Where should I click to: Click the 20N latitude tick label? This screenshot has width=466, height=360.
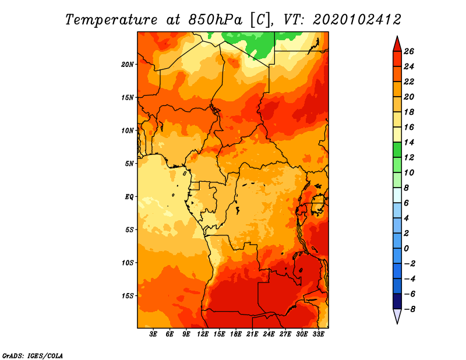(x=127, y=65)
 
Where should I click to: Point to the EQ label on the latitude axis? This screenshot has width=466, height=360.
(x=129, y=197)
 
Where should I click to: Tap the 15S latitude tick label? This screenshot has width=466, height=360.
(x=128, y=296)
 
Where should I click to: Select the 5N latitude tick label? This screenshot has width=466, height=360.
(x=129, y=164)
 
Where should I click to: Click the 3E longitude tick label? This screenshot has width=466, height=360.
(x=153, y=334)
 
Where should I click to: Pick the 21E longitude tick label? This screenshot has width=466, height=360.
(x=252, y=334)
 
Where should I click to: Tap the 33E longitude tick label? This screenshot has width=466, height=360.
(x=318, y=334)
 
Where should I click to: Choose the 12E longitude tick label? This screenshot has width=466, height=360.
(x=203, y=334)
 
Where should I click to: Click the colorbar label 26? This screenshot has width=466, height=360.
(x=409, y=51)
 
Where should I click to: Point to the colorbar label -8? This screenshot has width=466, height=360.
(x=409, y=309)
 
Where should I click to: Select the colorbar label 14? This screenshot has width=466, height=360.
(x=409, y=142)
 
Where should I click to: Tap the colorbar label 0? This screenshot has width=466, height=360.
(x=406, y=249)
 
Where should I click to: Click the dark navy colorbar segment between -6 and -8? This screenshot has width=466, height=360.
(x=397, y=301)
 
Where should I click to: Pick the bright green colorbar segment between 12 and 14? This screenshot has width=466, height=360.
(x=397, y=150)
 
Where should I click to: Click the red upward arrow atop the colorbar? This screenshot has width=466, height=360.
(x=397, y=44)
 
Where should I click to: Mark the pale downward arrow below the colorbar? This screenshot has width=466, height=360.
(x=397, y=316)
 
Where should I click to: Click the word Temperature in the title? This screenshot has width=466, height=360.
(x=111, y=20)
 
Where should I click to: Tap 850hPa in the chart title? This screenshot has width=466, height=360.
(x=215, y=20)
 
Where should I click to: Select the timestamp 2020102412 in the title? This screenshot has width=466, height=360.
(x=357, y=20)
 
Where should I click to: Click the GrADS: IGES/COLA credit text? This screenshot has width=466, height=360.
(x=33, y=355)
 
